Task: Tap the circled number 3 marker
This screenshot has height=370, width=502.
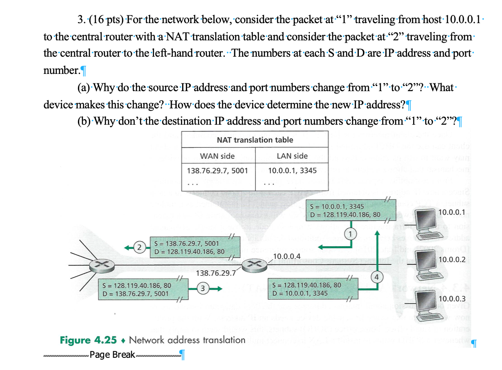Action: click(203, 287)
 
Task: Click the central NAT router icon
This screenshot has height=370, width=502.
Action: click(254, 264)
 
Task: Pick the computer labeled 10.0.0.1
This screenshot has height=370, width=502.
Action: click(428, 221)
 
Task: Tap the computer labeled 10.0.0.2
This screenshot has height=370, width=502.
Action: click(428, 262)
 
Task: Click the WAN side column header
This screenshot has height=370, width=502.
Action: click(217, 156)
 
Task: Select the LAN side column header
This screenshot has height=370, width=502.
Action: click(292, 156)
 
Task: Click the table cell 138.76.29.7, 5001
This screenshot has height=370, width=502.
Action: click(217, 171)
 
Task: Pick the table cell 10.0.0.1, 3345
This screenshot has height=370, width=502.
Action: click(292, 171)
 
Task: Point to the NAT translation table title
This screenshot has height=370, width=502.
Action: click(255, 140)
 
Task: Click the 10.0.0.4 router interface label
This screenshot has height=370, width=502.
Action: click(287, 256)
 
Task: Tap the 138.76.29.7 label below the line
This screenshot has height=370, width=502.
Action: click(216, 273)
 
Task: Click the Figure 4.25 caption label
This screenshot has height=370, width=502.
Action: click(88, 340)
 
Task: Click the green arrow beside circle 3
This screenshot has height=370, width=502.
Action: click(217, 288)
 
